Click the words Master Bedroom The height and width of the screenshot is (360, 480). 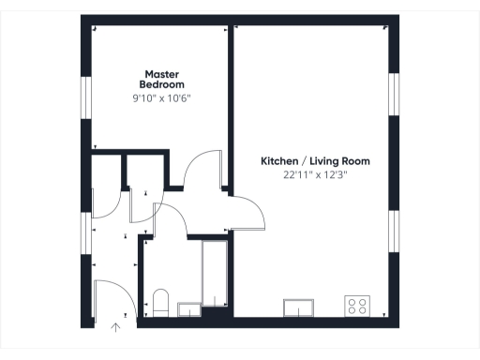tap(162, 79)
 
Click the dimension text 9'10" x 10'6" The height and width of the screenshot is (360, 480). tap(162, 97)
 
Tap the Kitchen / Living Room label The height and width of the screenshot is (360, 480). tap(308, 161)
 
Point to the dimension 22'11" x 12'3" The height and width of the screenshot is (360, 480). tap(308, 174)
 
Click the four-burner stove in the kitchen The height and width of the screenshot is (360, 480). tap(357, 305)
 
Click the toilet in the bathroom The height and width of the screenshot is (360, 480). tap(160, 303)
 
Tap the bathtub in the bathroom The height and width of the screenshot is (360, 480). tap(215, 274)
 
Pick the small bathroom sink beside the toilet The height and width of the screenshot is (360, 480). tap(188, 308)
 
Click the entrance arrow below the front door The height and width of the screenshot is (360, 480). tap(116, 327)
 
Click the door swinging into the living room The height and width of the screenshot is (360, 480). tap(247, 214)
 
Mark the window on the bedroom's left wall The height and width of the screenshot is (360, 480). tap(86, 97)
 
